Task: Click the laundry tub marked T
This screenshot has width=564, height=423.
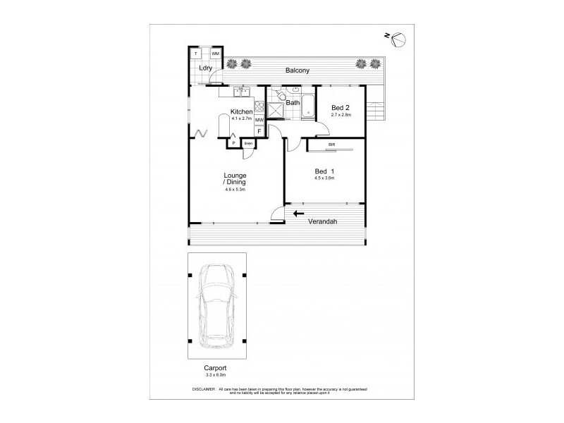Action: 197,54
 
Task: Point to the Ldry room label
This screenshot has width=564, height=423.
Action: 205,68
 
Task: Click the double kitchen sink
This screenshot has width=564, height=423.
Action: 242,91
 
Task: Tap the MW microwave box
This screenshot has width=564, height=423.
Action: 259,121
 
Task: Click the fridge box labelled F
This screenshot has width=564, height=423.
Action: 259,131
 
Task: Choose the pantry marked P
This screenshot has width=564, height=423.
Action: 233,144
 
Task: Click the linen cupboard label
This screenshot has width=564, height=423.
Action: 247,144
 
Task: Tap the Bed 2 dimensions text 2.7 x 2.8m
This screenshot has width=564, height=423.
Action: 341,114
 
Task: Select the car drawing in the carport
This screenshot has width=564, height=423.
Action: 217,307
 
